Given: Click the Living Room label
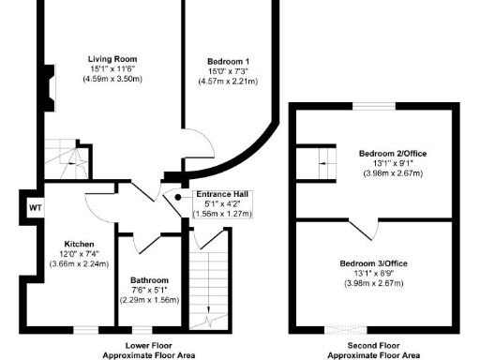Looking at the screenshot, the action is coord(107,57).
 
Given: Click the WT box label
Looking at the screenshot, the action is coord(34,207).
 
